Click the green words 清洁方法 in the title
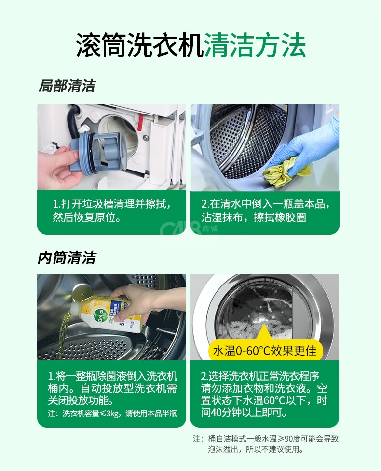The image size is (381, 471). (x=255, y=45)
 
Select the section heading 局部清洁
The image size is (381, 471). (x=67, y=86)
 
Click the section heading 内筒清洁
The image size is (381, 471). (x=67, y=258)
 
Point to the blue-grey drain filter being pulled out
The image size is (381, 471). (x=99, y=153)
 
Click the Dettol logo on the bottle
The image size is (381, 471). (x=100, y=314)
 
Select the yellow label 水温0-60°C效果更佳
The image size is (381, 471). (x=265, y=351)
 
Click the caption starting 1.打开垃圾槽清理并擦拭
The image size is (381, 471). (x=112, y=210)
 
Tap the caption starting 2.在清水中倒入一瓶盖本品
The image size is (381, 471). (x=266, y=210)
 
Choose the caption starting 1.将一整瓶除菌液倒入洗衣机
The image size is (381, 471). (x=112, y=388)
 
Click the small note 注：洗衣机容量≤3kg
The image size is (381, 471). (x=112, y=414)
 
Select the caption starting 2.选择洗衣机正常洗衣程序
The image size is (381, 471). (x=264, y=394)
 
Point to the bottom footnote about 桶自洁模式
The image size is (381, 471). (x=266, y=444)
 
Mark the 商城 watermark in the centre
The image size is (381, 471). (x=210, y=228)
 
